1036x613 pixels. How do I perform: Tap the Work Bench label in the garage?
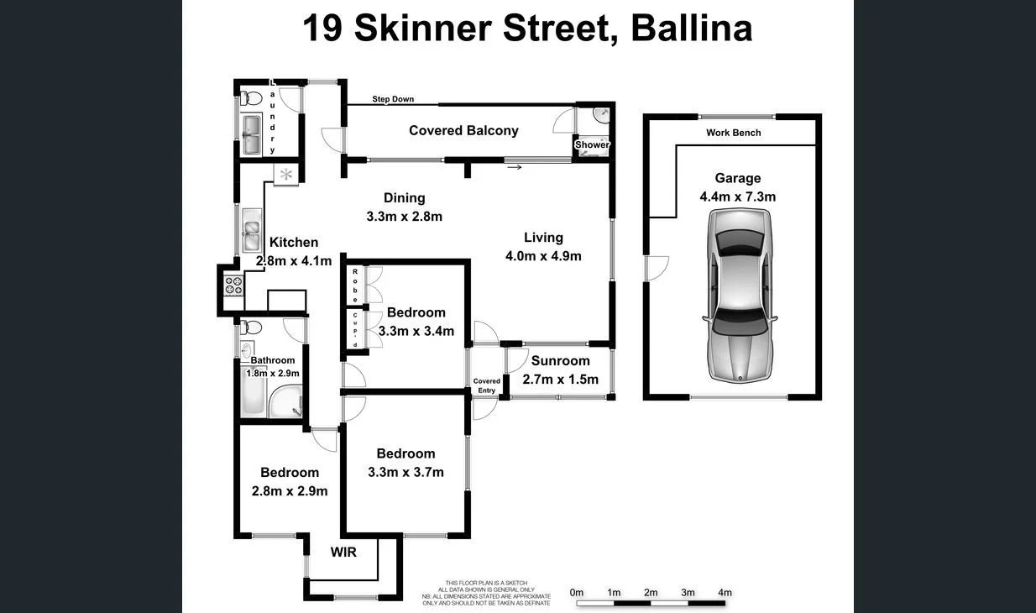point(733,133)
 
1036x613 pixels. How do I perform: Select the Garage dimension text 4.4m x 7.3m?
point(737,197)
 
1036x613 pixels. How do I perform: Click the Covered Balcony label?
point(463,130)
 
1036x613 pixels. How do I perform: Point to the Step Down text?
point(393,99)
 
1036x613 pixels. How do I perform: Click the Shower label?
point(592,144)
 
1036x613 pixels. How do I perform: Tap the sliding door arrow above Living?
point(515,167)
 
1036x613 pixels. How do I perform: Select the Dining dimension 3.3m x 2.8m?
point(404,216)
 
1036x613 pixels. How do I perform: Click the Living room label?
point(543,238)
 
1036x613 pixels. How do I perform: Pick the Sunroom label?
point(560,361)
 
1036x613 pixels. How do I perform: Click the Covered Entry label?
point(487,385)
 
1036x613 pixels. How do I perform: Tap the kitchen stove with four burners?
point(232,286)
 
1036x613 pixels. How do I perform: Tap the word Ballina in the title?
point(691,29)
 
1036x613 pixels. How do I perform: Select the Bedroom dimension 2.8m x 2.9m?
point(289,491)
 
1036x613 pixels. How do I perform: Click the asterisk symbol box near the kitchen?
point(286,175)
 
